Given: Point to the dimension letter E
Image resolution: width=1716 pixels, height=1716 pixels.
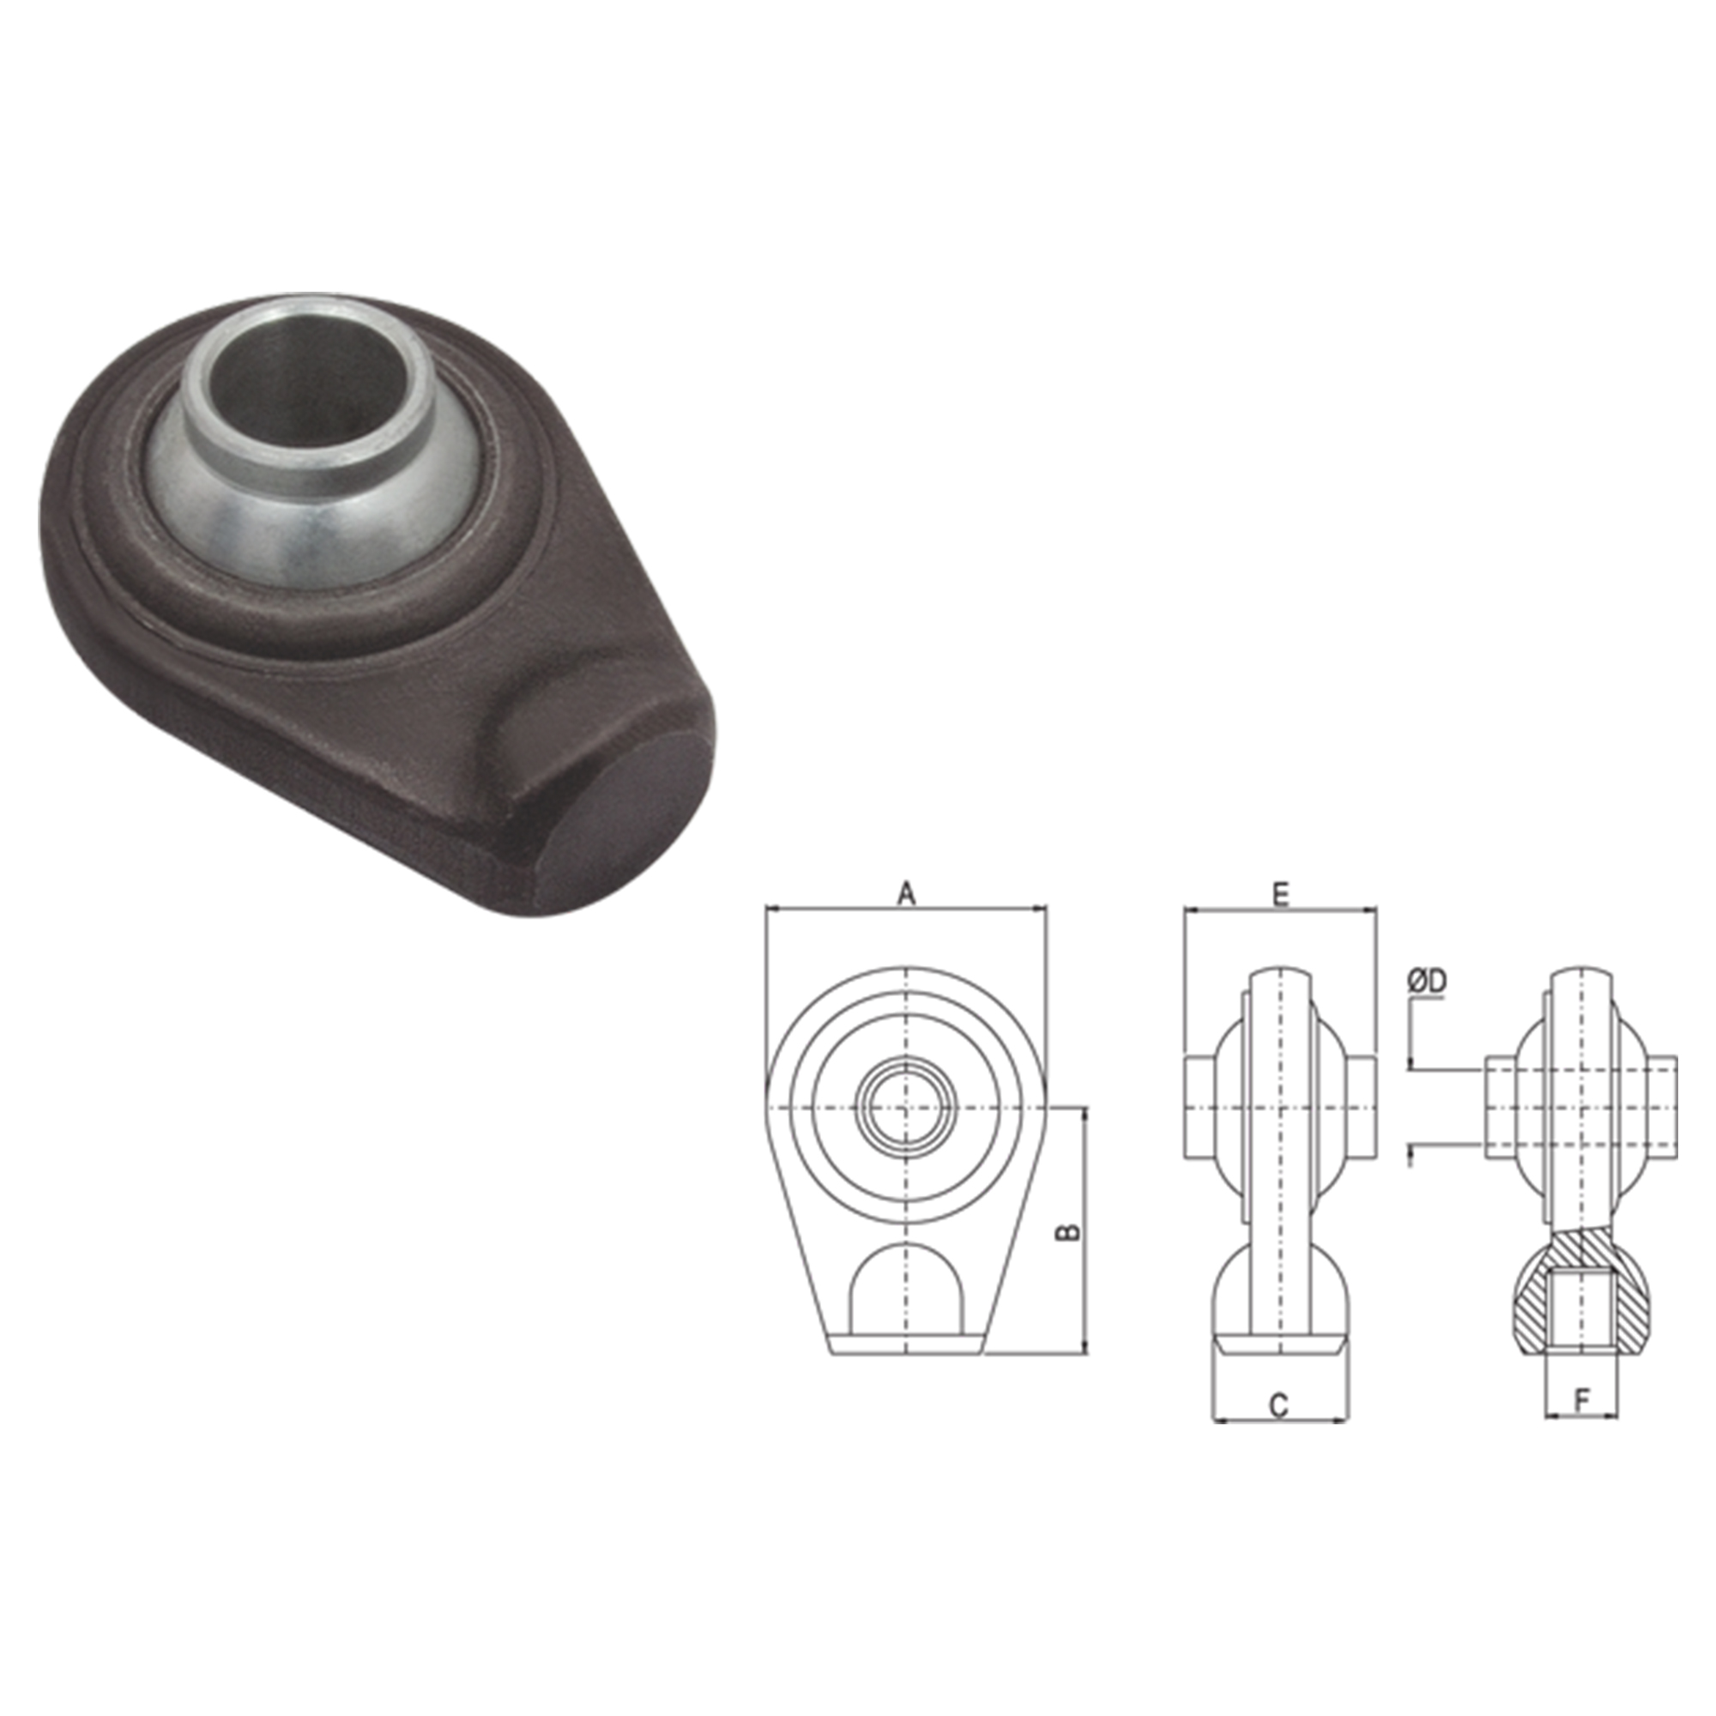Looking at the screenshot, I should (1280, 894).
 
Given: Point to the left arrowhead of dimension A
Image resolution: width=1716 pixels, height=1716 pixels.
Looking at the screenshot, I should (769, 909).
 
